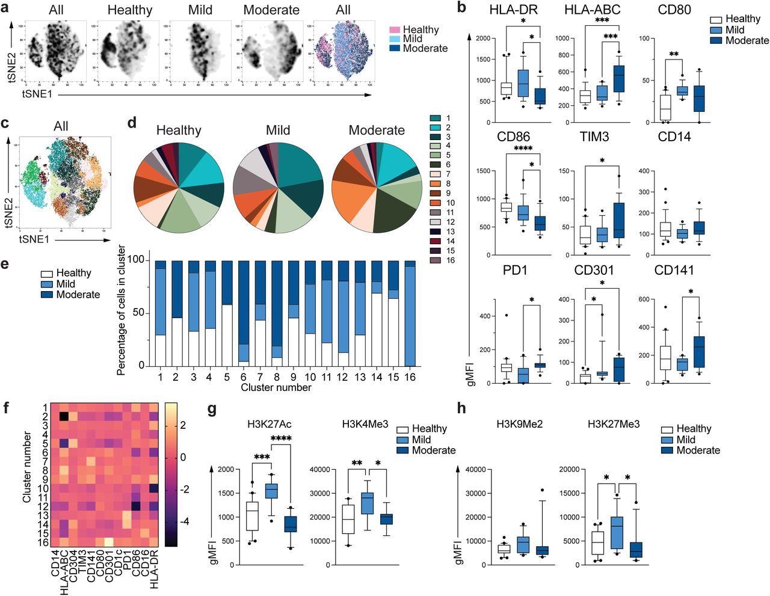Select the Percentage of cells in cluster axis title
click(122, 310)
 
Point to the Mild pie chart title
click(278, 130)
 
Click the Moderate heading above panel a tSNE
click(271, 10)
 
